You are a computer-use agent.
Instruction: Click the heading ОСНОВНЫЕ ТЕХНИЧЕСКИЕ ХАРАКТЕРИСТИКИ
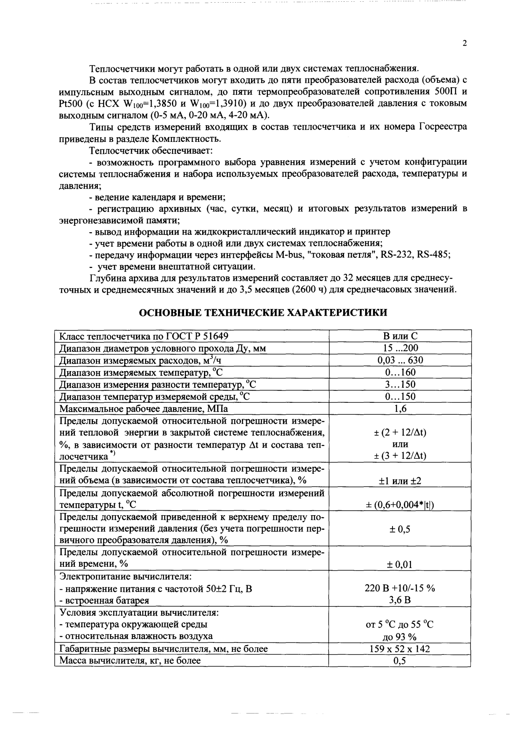coord(263,312)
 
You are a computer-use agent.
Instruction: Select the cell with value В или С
coord(400,336)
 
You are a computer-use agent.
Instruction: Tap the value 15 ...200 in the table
coord(400,348)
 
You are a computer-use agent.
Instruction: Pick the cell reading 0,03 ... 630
coord(400,360)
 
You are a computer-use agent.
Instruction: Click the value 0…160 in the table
coord(400,372)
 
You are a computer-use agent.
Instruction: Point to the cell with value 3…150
coord(400,384)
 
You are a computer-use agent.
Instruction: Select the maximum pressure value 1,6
coord(400,409)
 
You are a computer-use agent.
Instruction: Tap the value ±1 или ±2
coord(400,480)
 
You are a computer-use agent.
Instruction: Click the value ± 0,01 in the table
coord(400,565)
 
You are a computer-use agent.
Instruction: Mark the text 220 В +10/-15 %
coord(400,588)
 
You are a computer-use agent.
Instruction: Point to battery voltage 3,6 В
coord(400,600)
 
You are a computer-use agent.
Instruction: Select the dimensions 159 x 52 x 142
coord(400,649)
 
